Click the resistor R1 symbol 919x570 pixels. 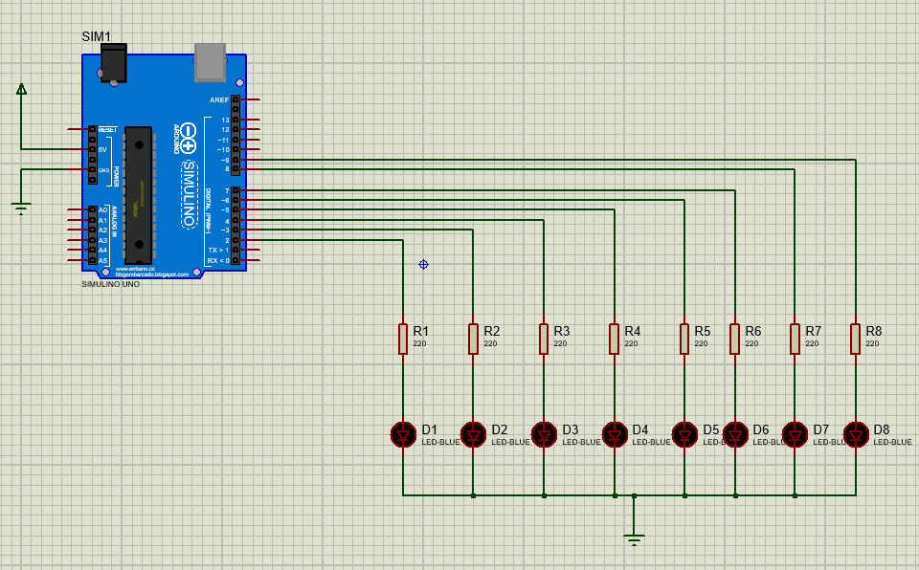click(x=403, y=339)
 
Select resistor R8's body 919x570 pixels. click(x=856, y=339)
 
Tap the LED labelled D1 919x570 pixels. click(x=403, y=434)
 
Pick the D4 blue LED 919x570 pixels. click(x=615, y=434)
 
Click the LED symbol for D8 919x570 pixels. click(x=856, y=434)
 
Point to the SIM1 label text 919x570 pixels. click(x=96, y=36)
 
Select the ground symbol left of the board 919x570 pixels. click(x=21, y=207)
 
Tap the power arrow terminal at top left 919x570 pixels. click(x=21, y=89)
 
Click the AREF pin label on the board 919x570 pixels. click(x=219, y=99)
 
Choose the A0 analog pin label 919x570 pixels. click(x=103, y=210)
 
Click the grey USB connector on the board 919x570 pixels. click(x=210, y=61)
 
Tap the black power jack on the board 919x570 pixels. click(x=113, y=63)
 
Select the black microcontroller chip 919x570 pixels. click(x=138, y=194)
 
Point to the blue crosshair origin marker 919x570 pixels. click(x=423, y=264)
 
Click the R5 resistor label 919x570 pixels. click(x=703, y=331)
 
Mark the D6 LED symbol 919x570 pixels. click(x=735, y=434)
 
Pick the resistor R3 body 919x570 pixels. click(x=544, y=339)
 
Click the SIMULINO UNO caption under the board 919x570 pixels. click(x=110, y=284)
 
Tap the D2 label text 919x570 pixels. click(x=500, y=429)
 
